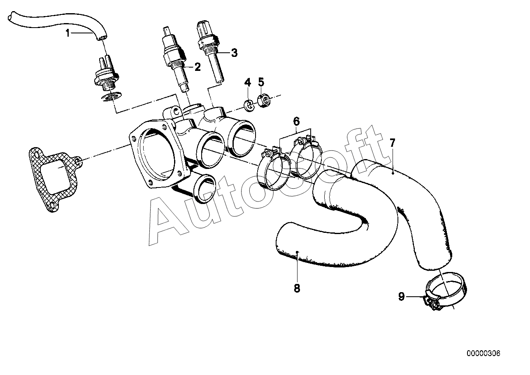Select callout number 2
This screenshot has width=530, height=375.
pyautogui.click(x=198, y=67)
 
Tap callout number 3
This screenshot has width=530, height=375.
pyautogui.click(x=234, y=53)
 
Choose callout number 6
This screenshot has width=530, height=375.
pyautogui.click(x=296, y=121)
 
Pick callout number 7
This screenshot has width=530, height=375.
pyautogui.click(x=393, y=143)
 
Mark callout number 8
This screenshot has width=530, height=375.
pyautogui.click(x=297, y=288)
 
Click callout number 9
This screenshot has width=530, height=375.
pyautogui.click(x=402, y=296)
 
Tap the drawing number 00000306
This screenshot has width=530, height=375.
pyautogui.click(x=483, y=354)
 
